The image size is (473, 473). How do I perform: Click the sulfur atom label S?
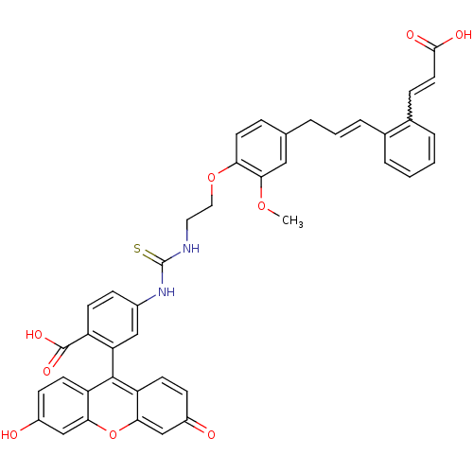coord(137,249)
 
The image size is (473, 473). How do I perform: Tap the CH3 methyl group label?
coord(292,220)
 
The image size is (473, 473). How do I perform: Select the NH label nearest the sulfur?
coord(191,249)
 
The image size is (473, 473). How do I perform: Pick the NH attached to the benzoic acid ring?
coord(166,291)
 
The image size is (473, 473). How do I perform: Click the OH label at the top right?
coord(463,35)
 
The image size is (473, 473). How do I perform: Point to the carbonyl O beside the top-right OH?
coord(411,35)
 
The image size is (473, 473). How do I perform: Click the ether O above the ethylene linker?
coord(211,177)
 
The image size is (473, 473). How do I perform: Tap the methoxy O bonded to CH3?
coord(261,206)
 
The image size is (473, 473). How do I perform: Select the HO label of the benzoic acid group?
coord(34,335)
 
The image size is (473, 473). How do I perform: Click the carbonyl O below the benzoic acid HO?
coord(46,371)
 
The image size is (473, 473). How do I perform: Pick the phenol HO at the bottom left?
coord(9,434)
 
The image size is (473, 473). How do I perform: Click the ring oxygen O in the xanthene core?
coord(113,434)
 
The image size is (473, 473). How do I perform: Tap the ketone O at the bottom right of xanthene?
coord(211,434)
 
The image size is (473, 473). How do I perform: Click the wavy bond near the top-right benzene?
coord(410,106)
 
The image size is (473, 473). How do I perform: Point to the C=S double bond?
coord(153,256)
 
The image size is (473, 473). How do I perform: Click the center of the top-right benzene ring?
coord(410,149)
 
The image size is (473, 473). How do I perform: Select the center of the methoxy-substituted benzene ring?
coord(261,149)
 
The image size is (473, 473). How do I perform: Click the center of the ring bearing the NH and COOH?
coord(113,320)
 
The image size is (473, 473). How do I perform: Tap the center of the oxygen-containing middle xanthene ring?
coord(113,406)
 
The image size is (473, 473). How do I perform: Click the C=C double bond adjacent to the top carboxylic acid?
coord(422,85)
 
